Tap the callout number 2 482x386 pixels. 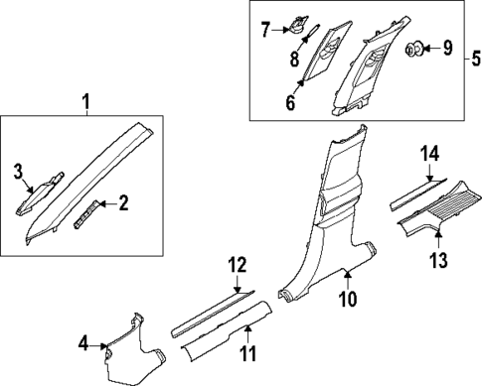click(x=123, y=203)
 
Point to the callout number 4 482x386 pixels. click(x=83, y=344)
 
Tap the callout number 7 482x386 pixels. click(x=265, y=30)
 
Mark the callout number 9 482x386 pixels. click(x=447, y=46)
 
